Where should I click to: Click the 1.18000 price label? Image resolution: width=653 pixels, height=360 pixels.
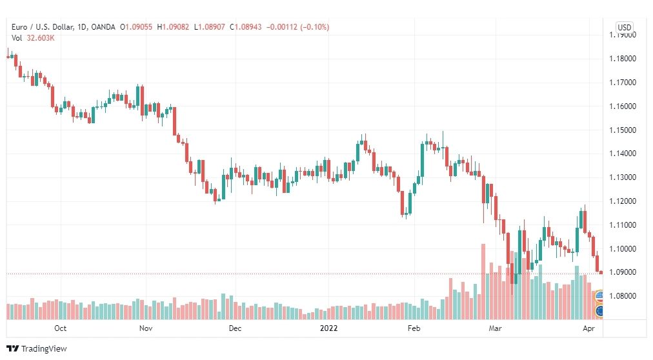pyautogui.click(x=623, y=59)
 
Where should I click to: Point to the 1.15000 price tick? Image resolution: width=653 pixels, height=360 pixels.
pyautogui.click(x=623, y=130)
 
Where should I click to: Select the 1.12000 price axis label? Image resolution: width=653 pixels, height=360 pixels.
pyautogui.click(x=623, y=201)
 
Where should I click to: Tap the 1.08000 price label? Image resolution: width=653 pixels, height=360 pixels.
pyautogui.click(x=623, y=296)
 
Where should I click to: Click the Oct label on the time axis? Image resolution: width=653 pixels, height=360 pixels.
pyautogui.click(x=61, y=328)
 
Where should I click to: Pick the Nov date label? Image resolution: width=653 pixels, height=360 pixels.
pyautogui.click(x=146, y=328)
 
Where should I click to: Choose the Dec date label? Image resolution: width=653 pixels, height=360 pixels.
pyautogui.click(x=235, y=328)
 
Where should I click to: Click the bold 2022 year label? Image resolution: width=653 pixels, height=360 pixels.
pyautogui.click(x=328, y=328)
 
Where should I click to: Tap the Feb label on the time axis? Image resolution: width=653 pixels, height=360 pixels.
pyautogui.click(x=414, y=328)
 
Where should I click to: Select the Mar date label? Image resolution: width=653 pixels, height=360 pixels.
pyautogui.click(x=495, y=328)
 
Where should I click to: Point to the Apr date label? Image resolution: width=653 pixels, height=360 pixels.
pyautogui.click(x=589, y=328)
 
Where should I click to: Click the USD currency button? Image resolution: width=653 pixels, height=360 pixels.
pyautogui.click(x=624, y=28)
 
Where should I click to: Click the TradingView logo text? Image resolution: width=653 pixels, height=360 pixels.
pyautogui.click(x=44, y=349)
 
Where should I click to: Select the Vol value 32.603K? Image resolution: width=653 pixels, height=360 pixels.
pyautogui.click(x=41, y=38)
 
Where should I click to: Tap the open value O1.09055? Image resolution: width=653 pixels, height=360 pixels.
pyautogui.click(x=136, y=27)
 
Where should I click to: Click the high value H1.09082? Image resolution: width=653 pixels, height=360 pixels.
pyautogui.click(x=173, y=27)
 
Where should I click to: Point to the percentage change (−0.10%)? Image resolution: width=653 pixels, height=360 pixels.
pyautogui.click(x=314, y=27)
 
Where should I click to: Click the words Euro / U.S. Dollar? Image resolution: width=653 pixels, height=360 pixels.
pyautogui.click(x=43, y=27)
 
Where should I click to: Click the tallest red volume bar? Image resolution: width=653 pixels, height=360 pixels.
pyautogui.click(x=483, y=282)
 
